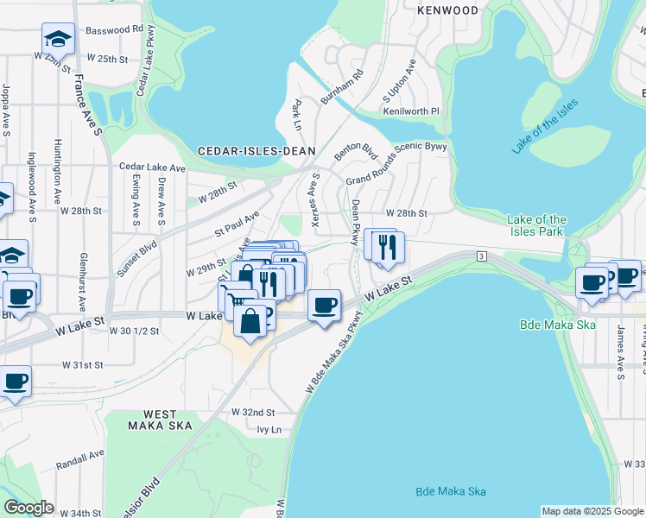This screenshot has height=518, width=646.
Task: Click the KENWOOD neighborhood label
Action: [446, 10]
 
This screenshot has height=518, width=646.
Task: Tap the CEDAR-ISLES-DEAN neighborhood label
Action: [256, 150]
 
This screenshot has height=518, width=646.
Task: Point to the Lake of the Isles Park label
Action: [536, 225]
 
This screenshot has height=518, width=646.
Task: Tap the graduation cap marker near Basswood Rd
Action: [57, 40]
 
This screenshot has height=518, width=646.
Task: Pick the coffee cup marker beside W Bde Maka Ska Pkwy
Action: [324, 306]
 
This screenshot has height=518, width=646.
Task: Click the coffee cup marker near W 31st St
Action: [15, 381]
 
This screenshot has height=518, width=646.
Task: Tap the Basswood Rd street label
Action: [114, 28]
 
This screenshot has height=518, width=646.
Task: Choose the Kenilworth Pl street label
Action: [411, 111]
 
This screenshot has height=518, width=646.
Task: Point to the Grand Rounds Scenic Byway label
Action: [396, 164]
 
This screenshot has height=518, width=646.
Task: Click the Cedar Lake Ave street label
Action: [152, 167]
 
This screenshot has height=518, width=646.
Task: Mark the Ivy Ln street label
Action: [269, 429]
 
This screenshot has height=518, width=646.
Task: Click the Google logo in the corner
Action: [28, 508]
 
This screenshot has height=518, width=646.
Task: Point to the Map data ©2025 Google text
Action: [592, 511]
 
